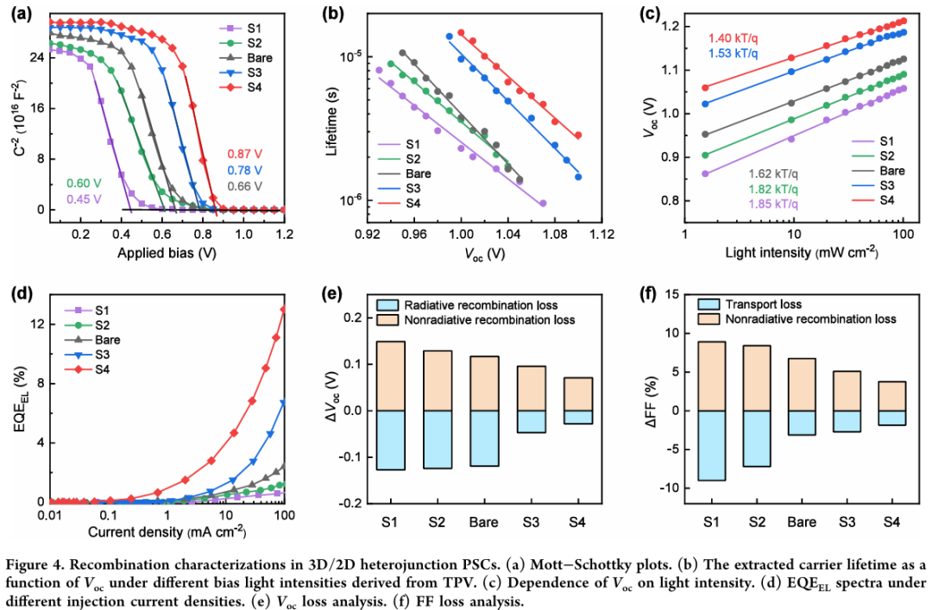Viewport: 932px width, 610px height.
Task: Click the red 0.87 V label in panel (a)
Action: pos(244,154)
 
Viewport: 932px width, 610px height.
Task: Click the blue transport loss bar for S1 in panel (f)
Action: pos(710,444)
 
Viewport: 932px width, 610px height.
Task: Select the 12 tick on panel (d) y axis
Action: pos(36,324)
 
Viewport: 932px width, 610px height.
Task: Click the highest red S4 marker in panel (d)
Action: pos(284,309)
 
